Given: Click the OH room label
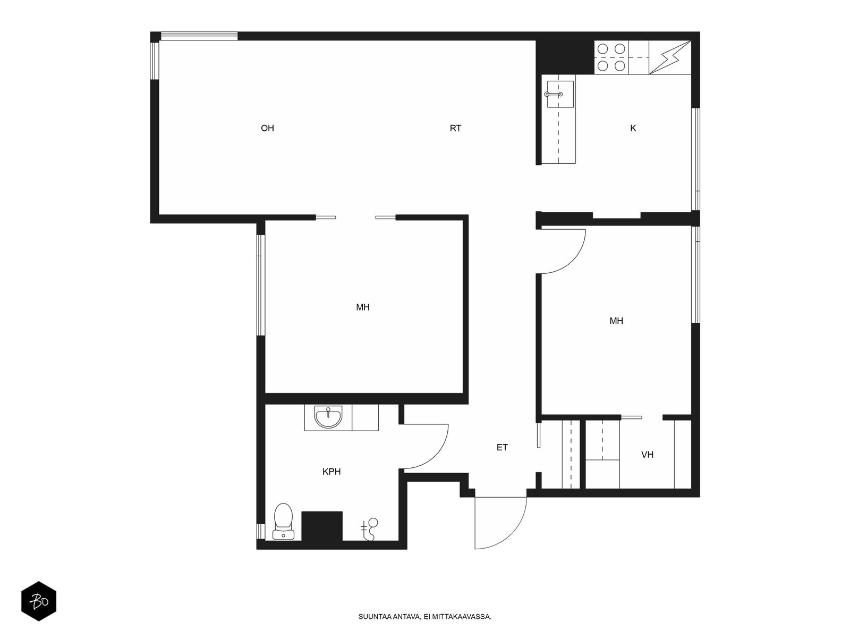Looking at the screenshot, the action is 267,128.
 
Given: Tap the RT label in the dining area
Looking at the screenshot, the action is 455,128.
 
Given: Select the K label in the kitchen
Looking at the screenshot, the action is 633,128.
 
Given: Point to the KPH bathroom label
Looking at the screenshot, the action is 331,472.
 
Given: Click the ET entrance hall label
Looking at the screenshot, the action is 502,448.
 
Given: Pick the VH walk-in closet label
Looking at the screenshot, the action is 648,455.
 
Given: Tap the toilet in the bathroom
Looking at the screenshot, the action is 284,522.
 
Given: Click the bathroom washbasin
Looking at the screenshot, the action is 328,417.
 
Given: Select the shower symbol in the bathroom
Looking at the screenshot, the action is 369,529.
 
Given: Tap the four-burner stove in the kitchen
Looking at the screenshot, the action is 611,57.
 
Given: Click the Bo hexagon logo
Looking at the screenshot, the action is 39,601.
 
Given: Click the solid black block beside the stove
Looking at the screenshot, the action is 565,57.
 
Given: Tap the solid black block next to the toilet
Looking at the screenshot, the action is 322,526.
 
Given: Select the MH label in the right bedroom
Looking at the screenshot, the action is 616,321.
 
